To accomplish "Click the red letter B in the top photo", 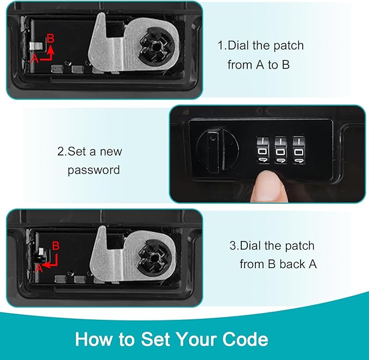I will (x=51, y=38).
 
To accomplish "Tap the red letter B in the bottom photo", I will (x=55, y=247).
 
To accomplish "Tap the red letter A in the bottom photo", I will (x=38, y=268).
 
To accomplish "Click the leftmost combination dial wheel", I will (x=261, y=149).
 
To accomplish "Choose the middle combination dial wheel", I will (x=280, y=149).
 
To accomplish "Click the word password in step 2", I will (x=93, y=170).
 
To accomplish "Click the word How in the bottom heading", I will (x=95, y=339).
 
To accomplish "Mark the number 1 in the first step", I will (x=221, y=46).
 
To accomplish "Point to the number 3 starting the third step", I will (x=232, y=246).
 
